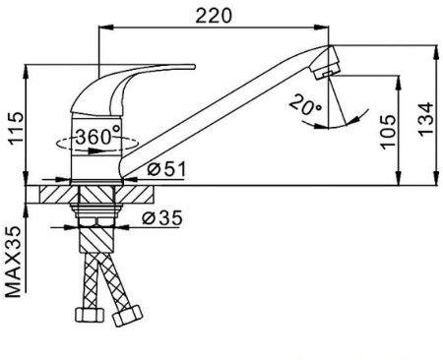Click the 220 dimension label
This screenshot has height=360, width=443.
pos(214,16)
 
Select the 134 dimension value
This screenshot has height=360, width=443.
pos(425,118)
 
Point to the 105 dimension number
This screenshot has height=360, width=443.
pos(389,132)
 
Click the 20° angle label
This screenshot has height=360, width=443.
pos(305,105)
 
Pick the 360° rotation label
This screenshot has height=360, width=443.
pos(98,137)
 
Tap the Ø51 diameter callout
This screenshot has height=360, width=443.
pos(166,169)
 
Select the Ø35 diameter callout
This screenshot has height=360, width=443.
pos(162,218)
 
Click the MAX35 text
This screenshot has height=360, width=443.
pos(14,262)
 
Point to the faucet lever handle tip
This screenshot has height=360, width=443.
pos(194,67)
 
